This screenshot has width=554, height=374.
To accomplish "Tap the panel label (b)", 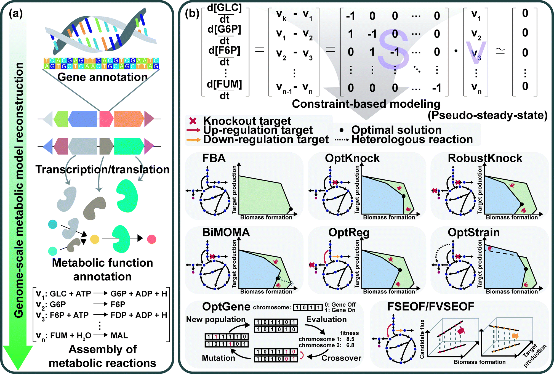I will point(192,13).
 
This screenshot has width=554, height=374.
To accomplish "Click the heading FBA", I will point(214,158).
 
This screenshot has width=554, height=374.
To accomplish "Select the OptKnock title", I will point(352,158).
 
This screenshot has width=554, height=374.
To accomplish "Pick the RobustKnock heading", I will point(485,158).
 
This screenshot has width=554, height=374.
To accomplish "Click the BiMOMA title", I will point(226,232).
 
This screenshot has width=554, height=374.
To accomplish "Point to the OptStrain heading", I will point(474,232).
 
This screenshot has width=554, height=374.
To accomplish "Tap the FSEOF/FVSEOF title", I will point(431,307).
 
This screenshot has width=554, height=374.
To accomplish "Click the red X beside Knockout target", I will point(193,121).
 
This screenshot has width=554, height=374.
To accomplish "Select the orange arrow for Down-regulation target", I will point(193,140).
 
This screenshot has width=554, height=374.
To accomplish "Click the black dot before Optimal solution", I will point(342,130).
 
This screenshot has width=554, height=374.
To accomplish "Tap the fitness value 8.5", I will point(350,339).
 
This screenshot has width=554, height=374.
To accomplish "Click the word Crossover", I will point(341,358).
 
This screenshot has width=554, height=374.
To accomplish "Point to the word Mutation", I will point(218,358).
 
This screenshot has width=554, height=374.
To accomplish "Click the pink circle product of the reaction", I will point(151,239).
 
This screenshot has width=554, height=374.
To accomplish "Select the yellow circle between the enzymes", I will point(95,239).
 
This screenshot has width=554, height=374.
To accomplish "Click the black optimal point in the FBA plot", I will point(291,209).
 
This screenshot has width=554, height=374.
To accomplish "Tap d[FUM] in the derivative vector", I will point(224,84).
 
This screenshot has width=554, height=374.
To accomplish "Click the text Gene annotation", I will point(102,77).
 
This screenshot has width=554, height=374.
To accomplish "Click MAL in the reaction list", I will point(119,335).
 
